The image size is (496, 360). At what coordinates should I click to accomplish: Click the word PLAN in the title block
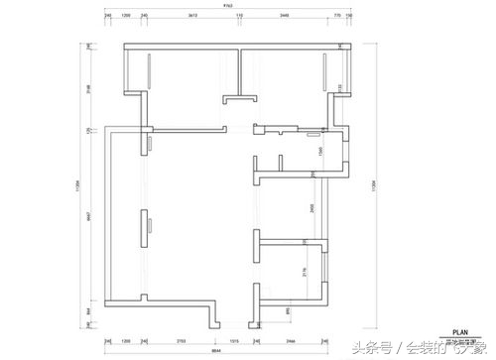point(459,332)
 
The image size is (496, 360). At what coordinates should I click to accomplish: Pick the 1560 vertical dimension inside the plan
point(320,151)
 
